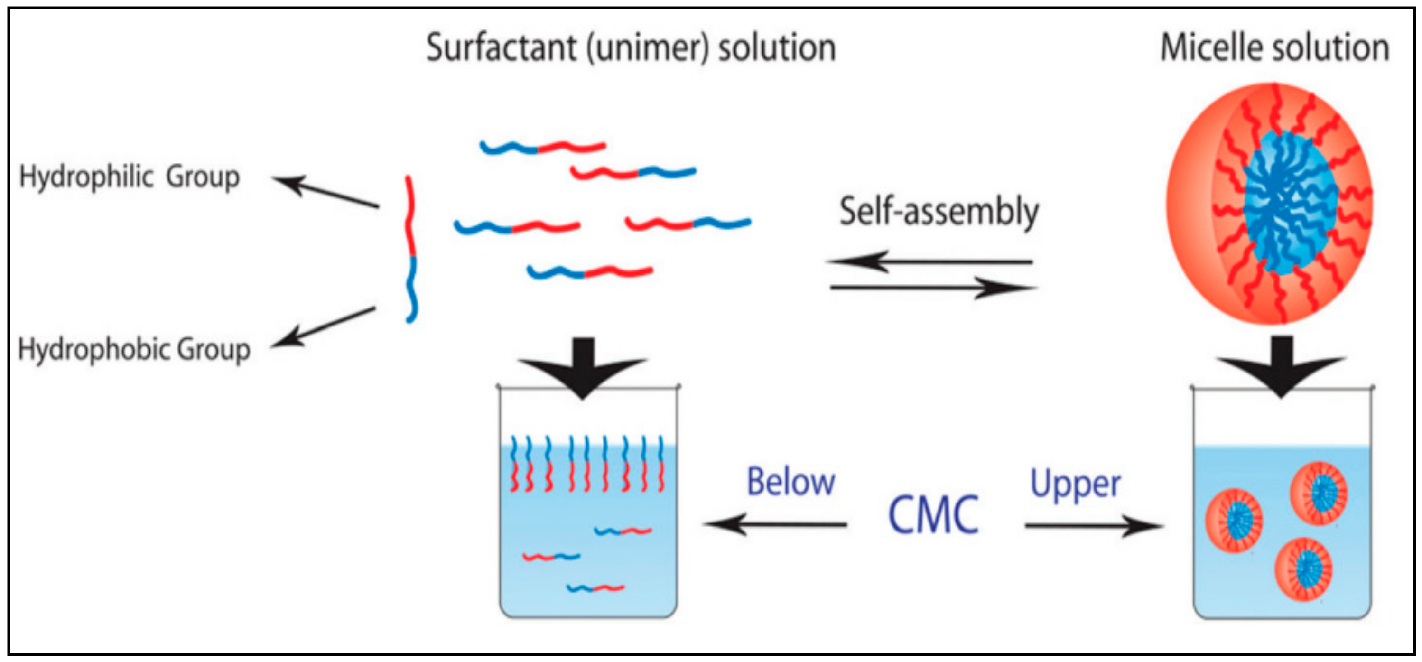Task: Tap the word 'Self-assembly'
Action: pyautogui.click(x=939, y=213)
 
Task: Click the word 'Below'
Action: pyautogui.click(x=790, y=482)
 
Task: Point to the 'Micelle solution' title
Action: pyautogui.click(x=1274, y=48)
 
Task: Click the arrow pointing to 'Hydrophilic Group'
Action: pyautogui.click(x=325, y=192)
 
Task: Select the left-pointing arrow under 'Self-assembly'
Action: pyautogui.click(x=930, y=261)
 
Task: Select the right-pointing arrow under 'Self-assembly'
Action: pyautogui.click(x=933, y=288)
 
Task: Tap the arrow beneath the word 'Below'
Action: pyautogui.click(x=776, y=524)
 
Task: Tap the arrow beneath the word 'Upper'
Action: pyautogui.click(x=1093, y=526)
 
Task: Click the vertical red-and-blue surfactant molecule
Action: pyautogui.click(x=410, y=249)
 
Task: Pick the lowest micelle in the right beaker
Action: pyautogui.click(x=1303, y=568)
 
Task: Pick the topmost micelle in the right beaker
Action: pyautogui.click(x=1318, y=493)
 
